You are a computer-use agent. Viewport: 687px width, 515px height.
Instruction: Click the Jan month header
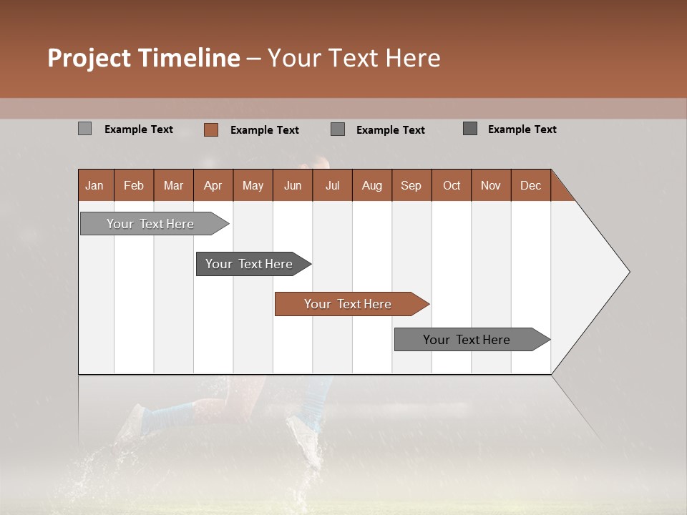pyautogui.click(x=94, y=185)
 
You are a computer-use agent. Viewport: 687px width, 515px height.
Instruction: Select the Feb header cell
pyautogui.click(x=134, y=185)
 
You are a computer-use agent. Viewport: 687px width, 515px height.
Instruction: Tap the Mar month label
pyautogui.click(x=173, y=185)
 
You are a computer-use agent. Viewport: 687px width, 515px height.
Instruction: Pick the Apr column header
pyautogui.click(x=213, y=185)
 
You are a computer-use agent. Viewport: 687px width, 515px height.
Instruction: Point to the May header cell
pyautogui.click(x=253, y=185)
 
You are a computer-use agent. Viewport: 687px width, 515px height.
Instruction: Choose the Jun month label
pyautogui.click(x=293, y=185)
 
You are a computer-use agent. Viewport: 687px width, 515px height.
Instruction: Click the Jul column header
pyautogui.click(x=332, y=185)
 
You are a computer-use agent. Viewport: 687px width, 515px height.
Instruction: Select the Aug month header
pyautogui.click(x=371, y=185)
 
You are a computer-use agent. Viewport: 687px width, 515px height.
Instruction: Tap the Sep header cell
pyautogui.click(x=411, y=185)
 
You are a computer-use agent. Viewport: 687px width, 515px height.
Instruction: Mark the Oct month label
pyautogui.click(x=452, y=185)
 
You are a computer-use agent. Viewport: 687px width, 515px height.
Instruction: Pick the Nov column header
pyautogui.click(x=491, y=185)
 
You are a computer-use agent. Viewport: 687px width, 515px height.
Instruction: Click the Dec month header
pyautogui.click(x=530, y=185)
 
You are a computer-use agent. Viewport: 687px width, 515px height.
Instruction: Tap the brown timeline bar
pyautogui.click(x=349, y=304)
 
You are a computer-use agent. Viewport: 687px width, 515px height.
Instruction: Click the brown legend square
pyautogui.click(x=210, y=129)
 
